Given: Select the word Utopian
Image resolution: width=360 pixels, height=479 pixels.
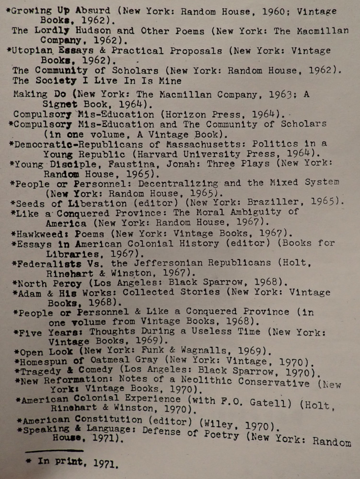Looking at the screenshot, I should point(33,50).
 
